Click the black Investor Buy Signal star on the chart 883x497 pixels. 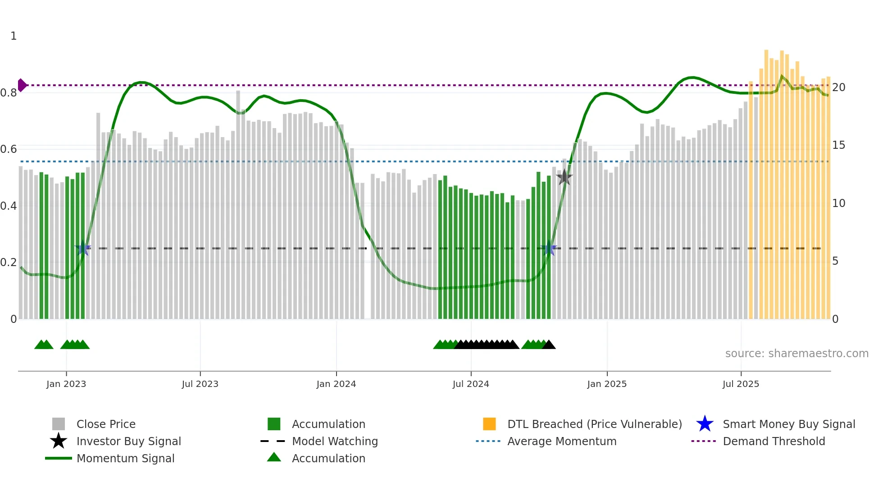tap(564, 177)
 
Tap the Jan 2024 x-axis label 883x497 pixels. tap(336, 384)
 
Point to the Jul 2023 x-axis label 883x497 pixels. tap(200, 384)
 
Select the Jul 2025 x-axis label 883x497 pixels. tap(741, 384)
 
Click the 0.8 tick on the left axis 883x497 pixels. tap(9, 93)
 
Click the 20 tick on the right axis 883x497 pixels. tap(838, 87)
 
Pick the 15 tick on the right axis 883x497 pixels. tap(838, 145)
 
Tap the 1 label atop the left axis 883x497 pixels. tap(14, 36)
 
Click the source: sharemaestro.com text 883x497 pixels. tap(797, 354)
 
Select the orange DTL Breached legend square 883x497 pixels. tap(489, 424)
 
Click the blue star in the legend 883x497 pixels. tap(705, 424)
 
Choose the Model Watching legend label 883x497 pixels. tap(335, 441)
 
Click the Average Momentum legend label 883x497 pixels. tap(562, 441)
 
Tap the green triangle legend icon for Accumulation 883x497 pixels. tap(274, 457)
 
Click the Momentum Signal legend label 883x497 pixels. tap(125, 458)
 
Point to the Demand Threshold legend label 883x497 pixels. tap(774, 441)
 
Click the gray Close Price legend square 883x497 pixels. tap(59, 424)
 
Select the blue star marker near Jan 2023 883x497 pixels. tap(83, 248)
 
